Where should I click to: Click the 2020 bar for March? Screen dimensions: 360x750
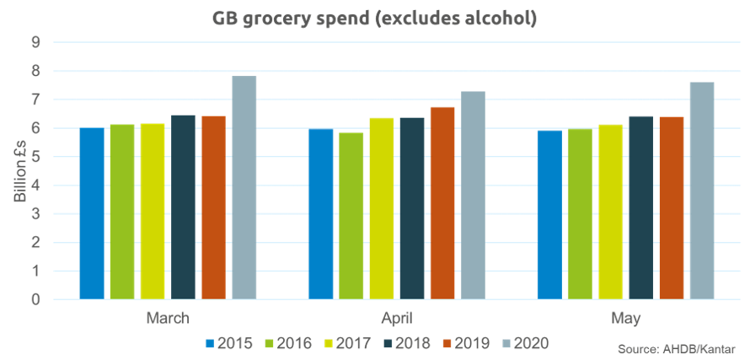coord(244,187)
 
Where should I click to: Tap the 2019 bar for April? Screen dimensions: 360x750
coord(442,202)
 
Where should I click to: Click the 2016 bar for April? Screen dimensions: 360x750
coord(351,216)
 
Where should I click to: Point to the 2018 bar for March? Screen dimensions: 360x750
coord(183,207)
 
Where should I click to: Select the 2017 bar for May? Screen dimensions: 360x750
coord(610,212)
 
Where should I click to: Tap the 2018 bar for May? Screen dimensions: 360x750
coord(640,207)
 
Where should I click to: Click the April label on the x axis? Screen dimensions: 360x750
coord(396,320)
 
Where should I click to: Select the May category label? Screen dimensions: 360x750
coord(624,320)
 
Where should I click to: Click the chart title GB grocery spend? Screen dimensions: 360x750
coord(374,17)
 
